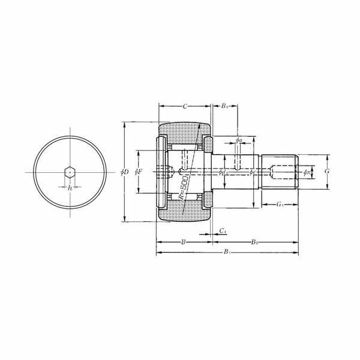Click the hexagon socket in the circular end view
pyautogui.click(x=70, y=173)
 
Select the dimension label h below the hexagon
pyautogui.click(x=70, y=188)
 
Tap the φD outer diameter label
pyautogui.click(x=124, y=172)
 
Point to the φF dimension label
pyautogui.click(x=139, y=172)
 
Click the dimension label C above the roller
pyautogui.click(x=185, y=106)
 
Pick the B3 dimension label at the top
pyautogui.click(x=224, y=106)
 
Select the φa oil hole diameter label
pyautogui.click(x=238, y=140)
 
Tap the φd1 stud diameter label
pyautogui.click(x=223, y=172)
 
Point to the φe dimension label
pyautogui.click(x=253, y=172)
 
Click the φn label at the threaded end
pyautogui.click(x=307, y=172)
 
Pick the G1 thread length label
pyautogui.click(x=280, y=205)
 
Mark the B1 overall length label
pyautogui.click(x=226, y=253)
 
